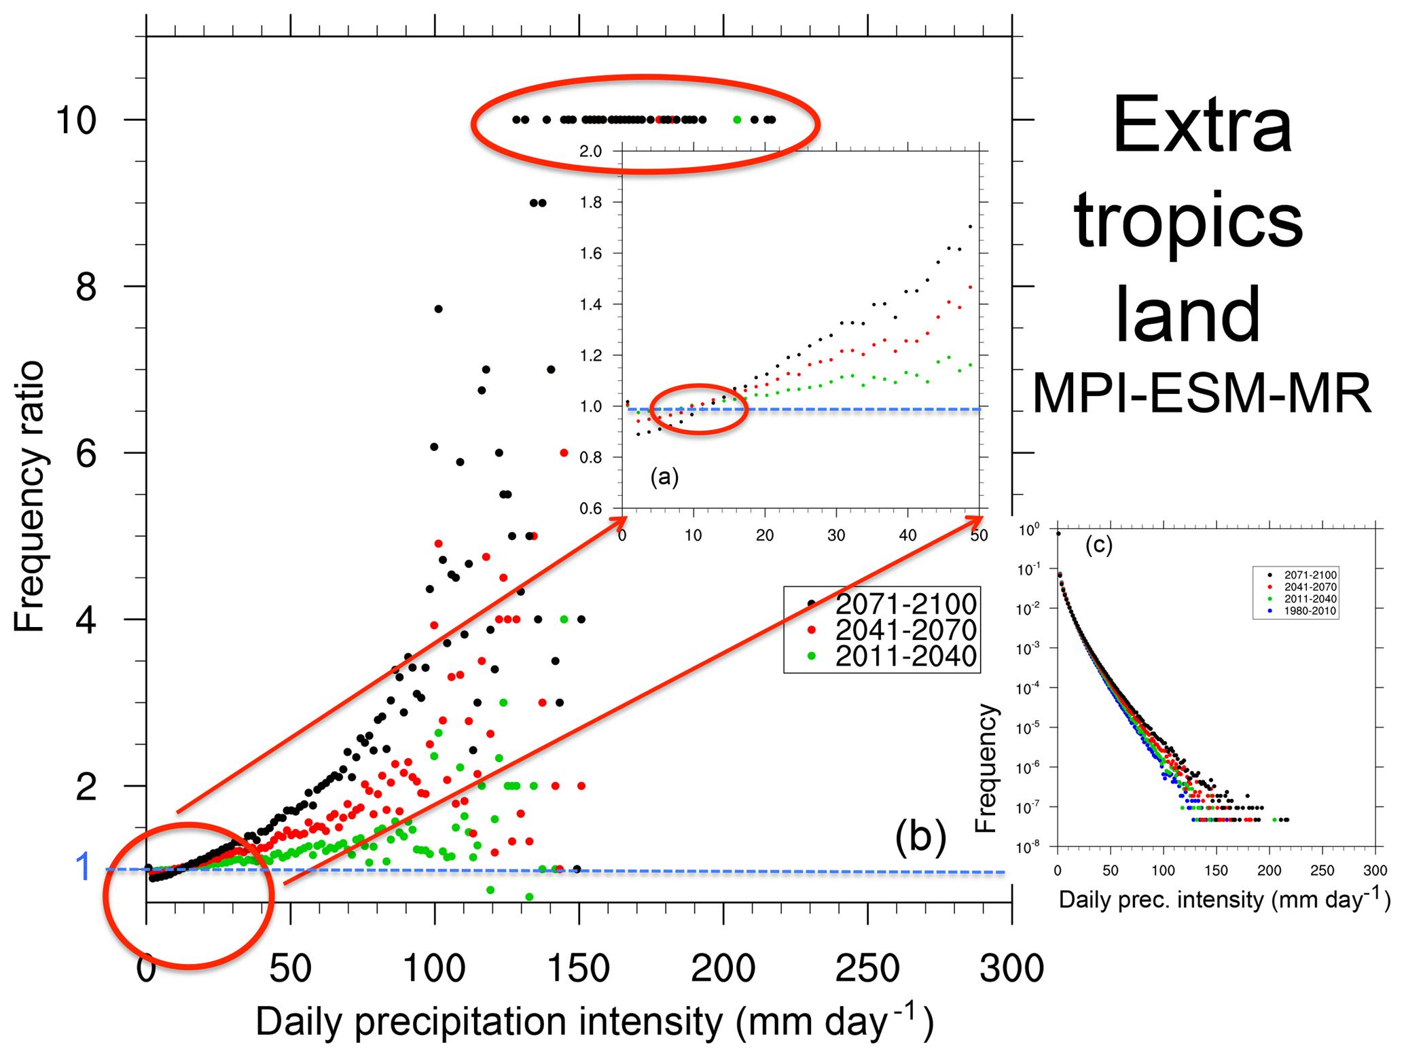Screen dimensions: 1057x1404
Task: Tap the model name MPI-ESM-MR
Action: pos(1201,394)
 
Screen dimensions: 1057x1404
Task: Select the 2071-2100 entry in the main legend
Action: pos(905,604)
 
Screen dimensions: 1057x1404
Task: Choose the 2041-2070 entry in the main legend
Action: pos(905,630)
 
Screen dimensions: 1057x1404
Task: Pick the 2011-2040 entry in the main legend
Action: pos(905,656)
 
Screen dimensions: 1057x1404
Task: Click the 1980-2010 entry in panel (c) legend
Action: pos(1310,611)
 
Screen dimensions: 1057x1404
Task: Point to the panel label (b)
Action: pos(920,836)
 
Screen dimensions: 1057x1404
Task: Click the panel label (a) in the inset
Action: pos(664,477)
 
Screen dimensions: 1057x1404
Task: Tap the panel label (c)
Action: pos(1098,545)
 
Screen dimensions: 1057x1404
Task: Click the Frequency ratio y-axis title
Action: pos(29,497)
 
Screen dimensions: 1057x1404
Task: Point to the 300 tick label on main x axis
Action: pos(1011,969)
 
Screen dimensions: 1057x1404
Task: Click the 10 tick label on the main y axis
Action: pos(75,121)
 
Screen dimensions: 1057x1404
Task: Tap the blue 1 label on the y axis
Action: pos(84,867)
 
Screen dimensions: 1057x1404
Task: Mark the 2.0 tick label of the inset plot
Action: pos(590,151)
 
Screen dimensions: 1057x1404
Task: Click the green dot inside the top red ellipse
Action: pos(737,120)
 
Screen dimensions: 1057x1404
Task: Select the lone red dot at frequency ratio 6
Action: pos(564,453)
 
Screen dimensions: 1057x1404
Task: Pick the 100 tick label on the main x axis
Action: pos(434,969)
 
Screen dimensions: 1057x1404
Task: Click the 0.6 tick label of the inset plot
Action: pos(590,509)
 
